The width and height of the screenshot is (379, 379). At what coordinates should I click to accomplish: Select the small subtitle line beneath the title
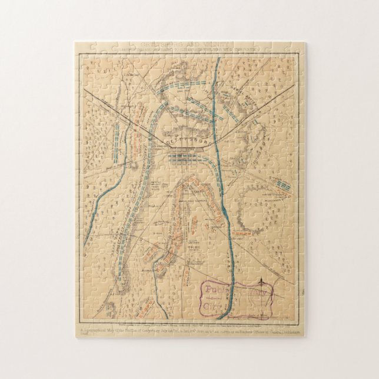(188, 49)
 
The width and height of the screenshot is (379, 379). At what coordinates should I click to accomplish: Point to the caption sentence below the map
(188, 329)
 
